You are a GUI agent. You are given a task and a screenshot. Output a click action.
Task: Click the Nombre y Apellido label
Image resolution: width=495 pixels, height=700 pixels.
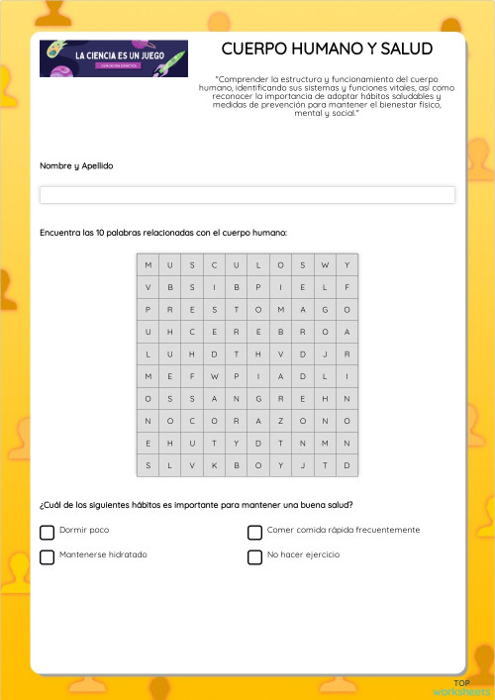pyautogui.click(x=76, y=165)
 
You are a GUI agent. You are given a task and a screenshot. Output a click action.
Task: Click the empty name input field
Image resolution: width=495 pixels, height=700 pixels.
pyautogui.click(x=247, y=195)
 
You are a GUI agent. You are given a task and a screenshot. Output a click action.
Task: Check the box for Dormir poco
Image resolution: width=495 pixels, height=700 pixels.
pyautogui.click(x=47, y=532)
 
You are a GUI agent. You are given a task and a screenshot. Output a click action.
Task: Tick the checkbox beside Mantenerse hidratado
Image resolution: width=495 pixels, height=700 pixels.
pyautogui.click(x=47, y=556)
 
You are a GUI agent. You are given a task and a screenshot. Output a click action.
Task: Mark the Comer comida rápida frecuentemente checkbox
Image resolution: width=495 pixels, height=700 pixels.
pyautogui.click(x=254, y=532)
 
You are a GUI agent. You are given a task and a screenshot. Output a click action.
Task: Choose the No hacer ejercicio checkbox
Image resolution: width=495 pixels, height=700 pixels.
pyautogui.click(x=254, y=556)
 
